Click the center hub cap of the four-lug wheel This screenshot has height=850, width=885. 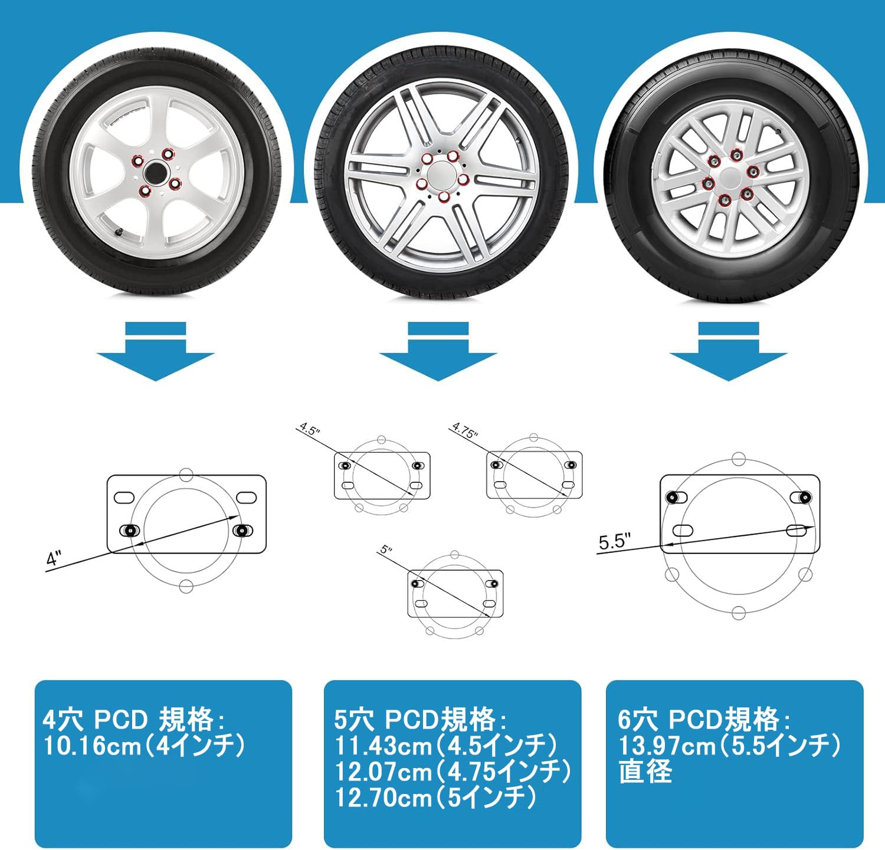156,172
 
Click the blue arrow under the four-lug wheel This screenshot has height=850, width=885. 155,354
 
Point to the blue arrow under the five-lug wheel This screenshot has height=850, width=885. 438,354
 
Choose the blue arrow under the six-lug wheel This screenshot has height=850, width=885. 728,354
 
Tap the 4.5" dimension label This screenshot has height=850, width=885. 309,429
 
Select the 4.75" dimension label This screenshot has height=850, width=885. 464,430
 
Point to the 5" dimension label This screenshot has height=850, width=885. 386,550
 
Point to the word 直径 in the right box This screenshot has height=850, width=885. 645,772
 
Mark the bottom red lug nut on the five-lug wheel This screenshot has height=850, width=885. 443,197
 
